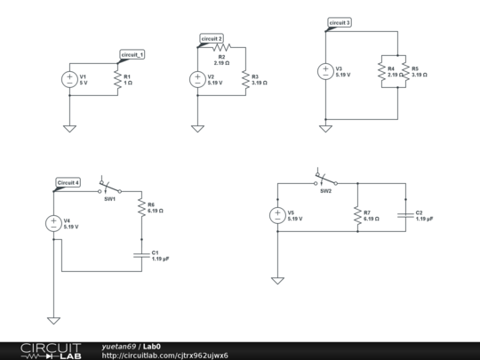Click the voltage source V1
[69, 79]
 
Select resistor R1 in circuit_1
[117, 79]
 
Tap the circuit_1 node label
[131, 55]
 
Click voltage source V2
[196, 79]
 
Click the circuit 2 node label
[212, 39]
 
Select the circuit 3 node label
[340, 22]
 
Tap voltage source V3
[325, 72]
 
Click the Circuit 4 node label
[68, 182]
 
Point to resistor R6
[141, 208]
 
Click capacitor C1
[141, 255]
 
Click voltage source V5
[277, 215]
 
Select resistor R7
[356, 215]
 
